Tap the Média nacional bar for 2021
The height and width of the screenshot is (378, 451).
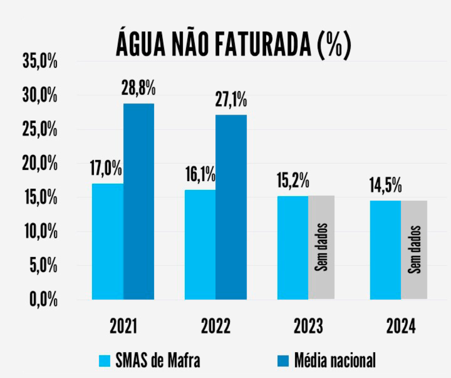click(x=139, y=201)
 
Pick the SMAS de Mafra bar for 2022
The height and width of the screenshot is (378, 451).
click(x=200, y=245)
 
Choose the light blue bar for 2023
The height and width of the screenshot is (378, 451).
click(x=293, y=248)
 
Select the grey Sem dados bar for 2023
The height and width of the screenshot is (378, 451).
click(x=321, y=248)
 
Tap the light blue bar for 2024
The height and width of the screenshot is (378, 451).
click(x=385, y=250)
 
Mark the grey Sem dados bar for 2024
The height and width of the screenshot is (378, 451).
click(x=414, y=250)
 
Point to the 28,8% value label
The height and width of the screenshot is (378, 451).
click(x=139, y=89)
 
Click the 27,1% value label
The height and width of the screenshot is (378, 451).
click(x=231, y=100)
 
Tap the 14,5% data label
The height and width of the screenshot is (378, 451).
click(x=385, y=186)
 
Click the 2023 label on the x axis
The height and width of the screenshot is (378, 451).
click(x=308, y=327)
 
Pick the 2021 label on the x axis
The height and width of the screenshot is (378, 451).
click(x=123, y=327)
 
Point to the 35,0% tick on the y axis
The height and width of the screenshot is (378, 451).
click(x=40, y=62)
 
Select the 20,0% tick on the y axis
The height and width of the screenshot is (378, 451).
click(x=40, y=164)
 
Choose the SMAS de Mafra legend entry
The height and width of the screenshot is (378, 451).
click(x=149, y=360)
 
